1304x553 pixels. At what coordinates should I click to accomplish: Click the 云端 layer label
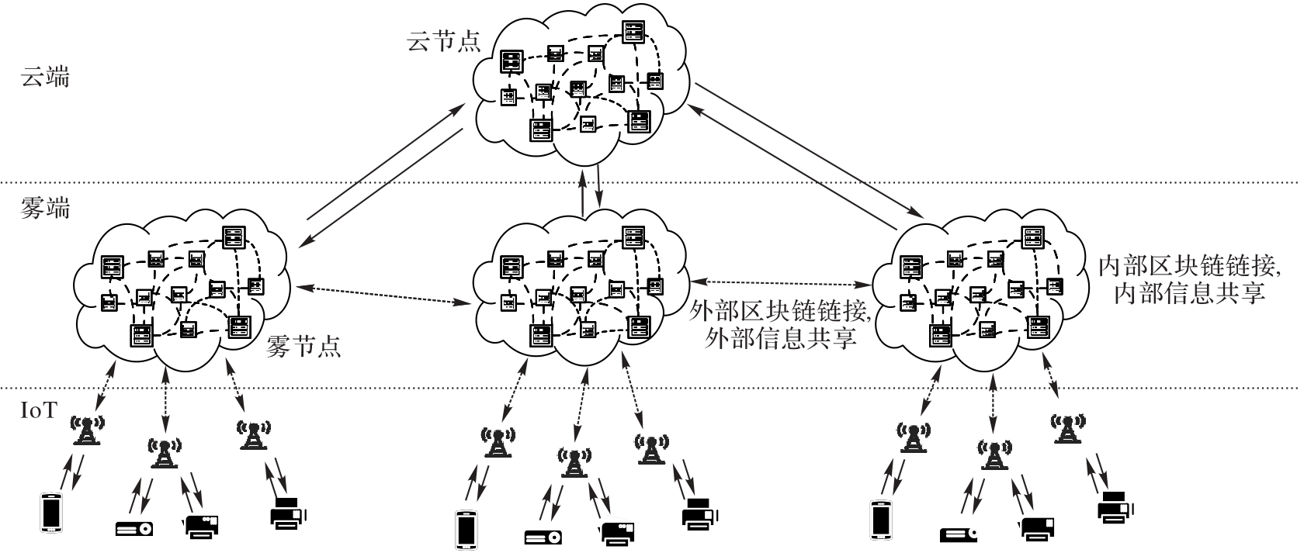click(44, 78)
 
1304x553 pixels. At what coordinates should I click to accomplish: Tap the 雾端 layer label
click(44, 209)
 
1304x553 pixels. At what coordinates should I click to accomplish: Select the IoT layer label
click(39, 410)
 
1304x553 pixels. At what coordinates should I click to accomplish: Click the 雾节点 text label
click(303, 345)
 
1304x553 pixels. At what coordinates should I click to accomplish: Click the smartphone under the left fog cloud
click(50, 512)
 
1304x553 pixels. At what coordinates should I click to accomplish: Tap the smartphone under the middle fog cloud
click(466, 529)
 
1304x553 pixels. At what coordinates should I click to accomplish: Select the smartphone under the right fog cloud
click(880, 519)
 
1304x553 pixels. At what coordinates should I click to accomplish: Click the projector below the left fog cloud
click(134, 528)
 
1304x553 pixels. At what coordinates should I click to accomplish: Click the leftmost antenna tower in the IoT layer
click(87, 430)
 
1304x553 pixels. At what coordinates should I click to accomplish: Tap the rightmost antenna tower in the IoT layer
click(1069, 427)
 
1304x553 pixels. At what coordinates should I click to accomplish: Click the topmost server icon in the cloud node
click(633, 32)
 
